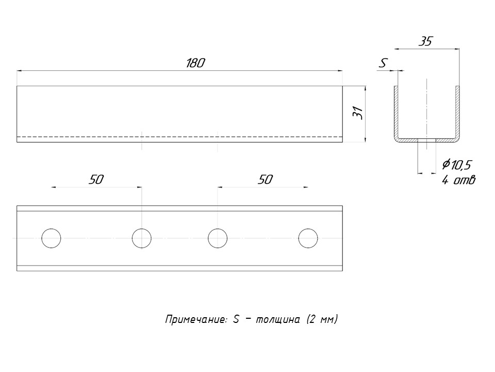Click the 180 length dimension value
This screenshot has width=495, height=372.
point(195,63)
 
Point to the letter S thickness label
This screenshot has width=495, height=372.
point(383,64)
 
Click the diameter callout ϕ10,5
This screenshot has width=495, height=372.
point(457,165)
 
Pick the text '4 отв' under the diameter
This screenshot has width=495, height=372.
point(458,180)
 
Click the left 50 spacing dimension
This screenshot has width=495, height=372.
point(96,179)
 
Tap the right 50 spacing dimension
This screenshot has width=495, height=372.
point(264,179)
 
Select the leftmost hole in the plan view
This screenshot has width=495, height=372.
point(51,238)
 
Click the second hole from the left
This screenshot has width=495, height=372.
point(142,238)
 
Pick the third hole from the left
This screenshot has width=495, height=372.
point(218,238)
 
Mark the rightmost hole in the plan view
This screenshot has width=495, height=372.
point(308,238)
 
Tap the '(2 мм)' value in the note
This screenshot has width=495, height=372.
point(322,320)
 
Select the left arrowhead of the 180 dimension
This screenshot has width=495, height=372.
point(20,70)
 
